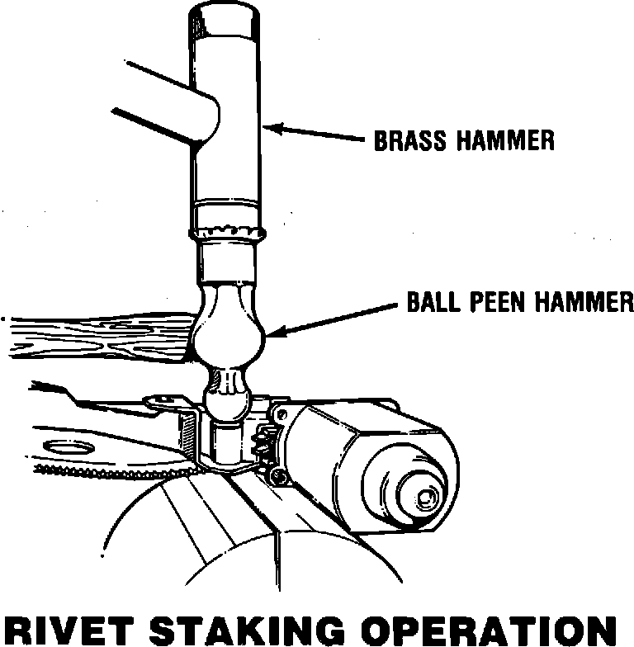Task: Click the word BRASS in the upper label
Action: (410, 140)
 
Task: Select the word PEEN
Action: (493, 303)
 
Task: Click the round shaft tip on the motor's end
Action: (426, 498)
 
